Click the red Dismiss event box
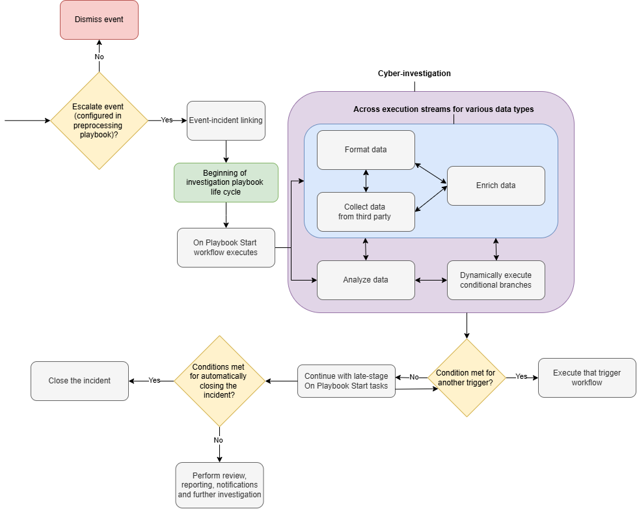pyautogui.click(x=99, y=20)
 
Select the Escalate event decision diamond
pyautogui.click(x=99, y=120)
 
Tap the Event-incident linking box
pyautogui.click(x=226, y=120)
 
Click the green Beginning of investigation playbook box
pyautogui.click(x=226, y=182)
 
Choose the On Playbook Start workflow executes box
pyautogui.click(x=226, y=247)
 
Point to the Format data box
pyautogui.click(x=366, y=150)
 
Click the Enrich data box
pyautogui.click(x=496, y=186)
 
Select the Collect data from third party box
pyautogui.click(x=366, y=212)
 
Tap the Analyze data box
pyautogui.click(x=366, y=280)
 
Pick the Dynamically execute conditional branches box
pyautogui.click(x=496, y=280)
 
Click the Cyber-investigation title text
pyautogui.click(x=414, y=74)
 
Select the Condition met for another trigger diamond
pyautogui.click(x=466, y=378)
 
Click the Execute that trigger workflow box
pyautogui.click(x=587, y=378)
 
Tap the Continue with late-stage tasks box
pyautogui.click(x=346, y=381)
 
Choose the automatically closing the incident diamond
pyautogui.click(x=219, y=381)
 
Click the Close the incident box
pyautogui.click(x=79, y=381)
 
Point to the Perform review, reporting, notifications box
pyautogui.click(x=219, y=485)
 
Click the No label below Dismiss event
pyautogui.click(x=99, y=57)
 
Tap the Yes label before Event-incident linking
pyautogui.click(x=167, y=120)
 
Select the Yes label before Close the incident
pyautogui.click(x=154, y=380)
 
